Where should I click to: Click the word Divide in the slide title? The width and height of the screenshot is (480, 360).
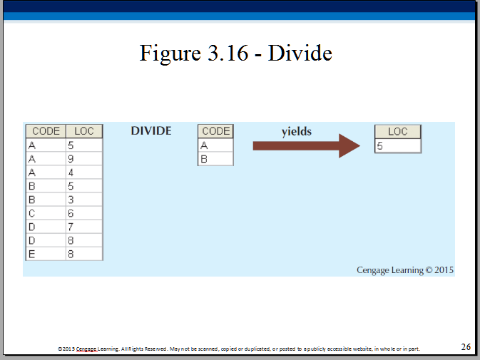(x=300, y=53)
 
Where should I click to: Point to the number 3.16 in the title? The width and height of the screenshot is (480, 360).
(x=228, y=53)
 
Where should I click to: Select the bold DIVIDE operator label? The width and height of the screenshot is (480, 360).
(x=151, y=131)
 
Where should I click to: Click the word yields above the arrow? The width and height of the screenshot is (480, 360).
(x=297, y=131)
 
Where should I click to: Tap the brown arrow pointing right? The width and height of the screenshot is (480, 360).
(x=307, y=146)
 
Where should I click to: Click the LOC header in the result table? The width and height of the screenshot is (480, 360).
(x=398, y=131)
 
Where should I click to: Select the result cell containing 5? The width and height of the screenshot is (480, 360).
(x=398, y=146)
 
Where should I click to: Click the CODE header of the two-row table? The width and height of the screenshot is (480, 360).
(x=216, y=131)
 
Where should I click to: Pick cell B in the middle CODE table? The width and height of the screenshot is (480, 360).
(x=216, y=159)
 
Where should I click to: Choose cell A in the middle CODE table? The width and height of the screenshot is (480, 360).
(x=216, y=145)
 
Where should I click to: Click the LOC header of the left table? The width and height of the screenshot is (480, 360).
(x=84, y=131)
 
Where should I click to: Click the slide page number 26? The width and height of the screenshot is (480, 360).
(x=466, y=347)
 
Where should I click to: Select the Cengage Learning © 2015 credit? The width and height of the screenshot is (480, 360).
(x=405, y=270)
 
